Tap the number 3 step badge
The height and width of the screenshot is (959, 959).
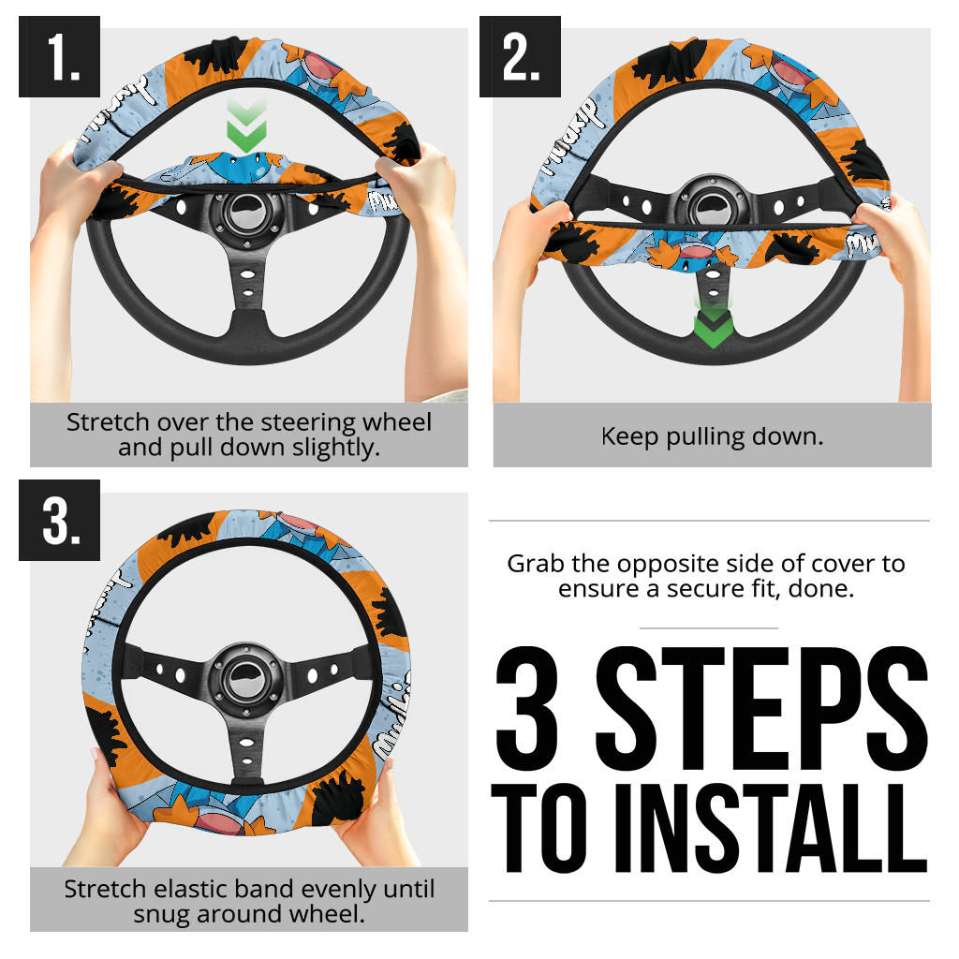click(x=59, y=520)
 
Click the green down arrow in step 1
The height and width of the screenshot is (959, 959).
click(x=246, y=129)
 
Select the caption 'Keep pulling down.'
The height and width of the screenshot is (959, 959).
click(x=712, y=436)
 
